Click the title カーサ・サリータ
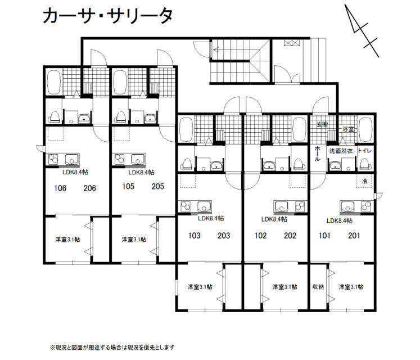(107, 16)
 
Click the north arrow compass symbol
(362, 30)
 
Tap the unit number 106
(60, 188)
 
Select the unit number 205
(157, 186)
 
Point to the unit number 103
(194, 236)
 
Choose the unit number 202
(290, 236)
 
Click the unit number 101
(324, 236)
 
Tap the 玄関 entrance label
(322, 124)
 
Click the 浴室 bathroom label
(348, 129)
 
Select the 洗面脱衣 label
(341, 151)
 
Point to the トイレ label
(364, 151)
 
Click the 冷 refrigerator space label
(364, 181)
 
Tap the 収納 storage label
(318, 287)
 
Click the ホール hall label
(317, 154)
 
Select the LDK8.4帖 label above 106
(75, 172)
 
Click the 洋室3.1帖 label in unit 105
(134, 240)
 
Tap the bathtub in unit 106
(53, 82)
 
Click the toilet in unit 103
(187, 164)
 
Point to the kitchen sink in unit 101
(347, 206)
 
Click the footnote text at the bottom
(112, 348)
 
